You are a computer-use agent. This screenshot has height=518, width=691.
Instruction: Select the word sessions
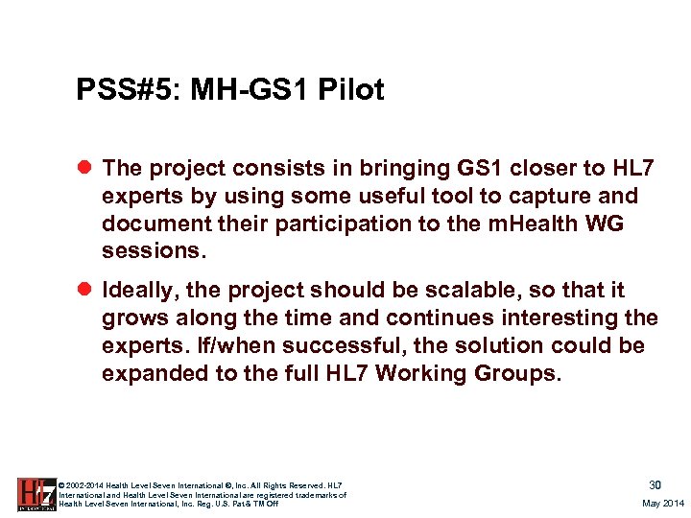click(x=150, y=250)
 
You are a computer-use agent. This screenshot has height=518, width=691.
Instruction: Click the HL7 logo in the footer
click(x=36, y=494)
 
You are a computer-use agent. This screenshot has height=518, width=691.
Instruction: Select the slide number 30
click(x=655, y=485)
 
